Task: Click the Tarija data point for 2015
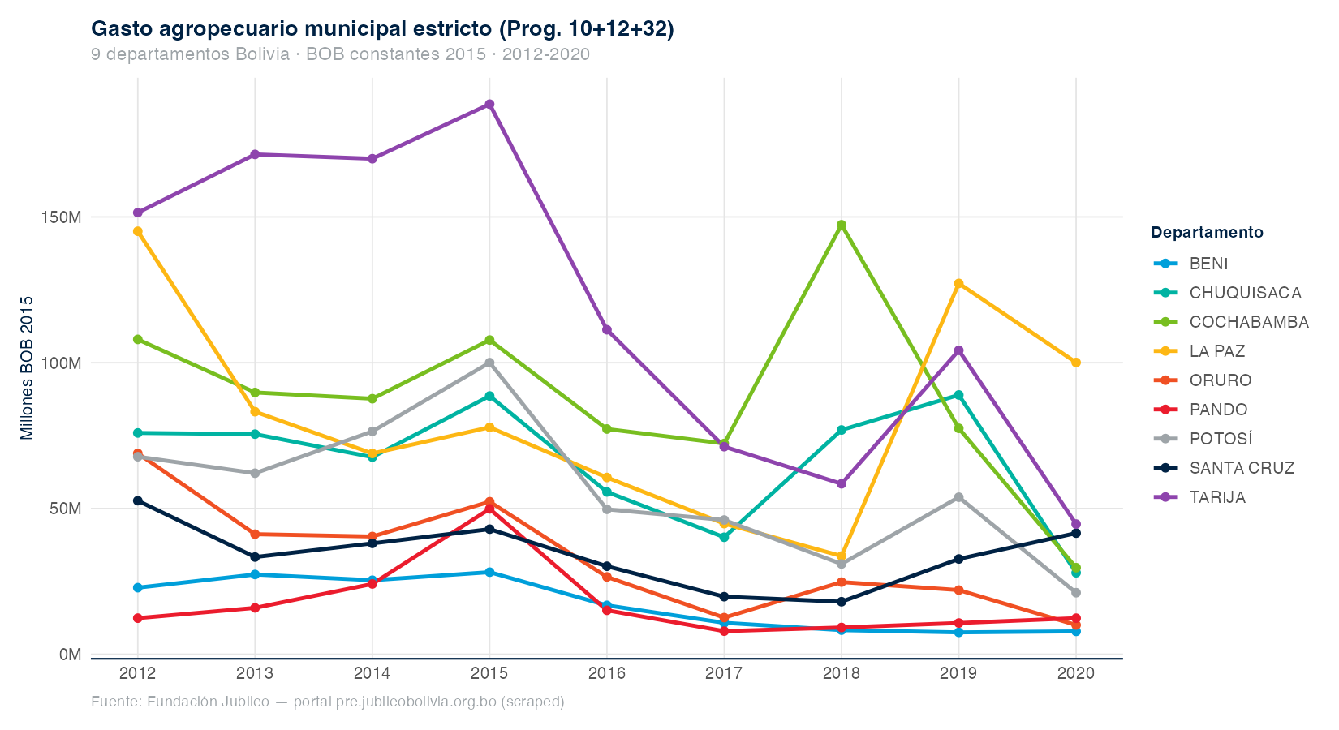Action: click(489, 105)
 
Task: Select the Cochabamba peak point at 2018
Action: click(842, 225)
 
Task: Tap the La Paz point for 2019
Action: click(958, 284)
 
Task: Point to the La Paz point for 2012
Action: click(138, 231)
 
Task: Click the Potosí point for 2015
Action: click(489, 363)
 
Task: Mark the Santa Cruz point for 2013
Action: click(255, 557)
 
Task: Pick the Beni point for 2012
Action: click(138, 587)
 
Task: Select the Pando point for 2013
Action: click(255, 608)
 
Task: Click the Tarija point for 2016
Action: click(607, 330)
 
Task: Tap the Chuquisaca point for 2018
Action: click(842, 430)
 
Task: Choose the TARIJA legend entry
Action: click(1216, 497)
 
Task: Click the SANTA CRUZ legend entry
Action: click(1241, 468)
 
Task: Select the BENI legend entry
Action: click(1208, 264)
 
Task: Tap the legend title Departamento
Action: click(1207, 233)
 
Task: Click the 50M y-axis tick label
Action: click(66, 509)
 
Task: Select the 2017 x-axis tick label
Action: click(724, 673)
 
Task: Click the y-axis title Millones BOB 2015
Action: click(28, 367)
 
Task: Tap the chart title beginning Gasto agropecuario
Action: click(382, 29)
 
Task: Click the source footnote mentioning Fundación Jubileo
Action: click(327, 702)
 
